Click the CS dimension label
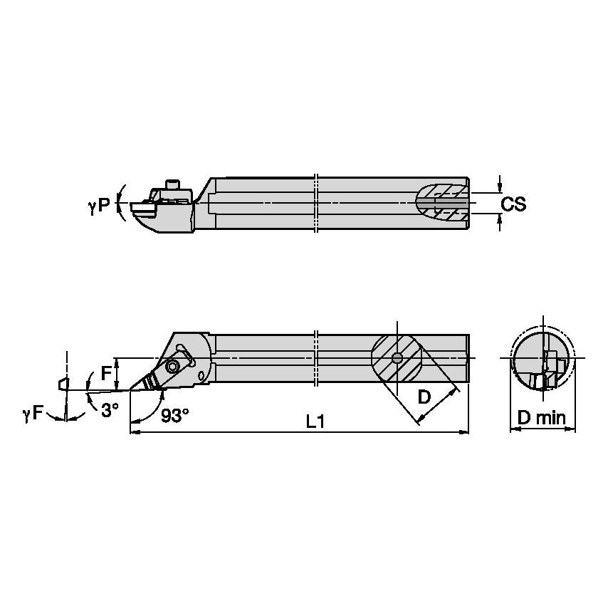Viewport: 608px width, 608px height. coord(513,204)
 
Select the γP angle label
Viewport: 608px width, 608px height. coord(100,204)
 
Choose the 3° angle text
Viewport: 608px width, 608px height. coord(109,411)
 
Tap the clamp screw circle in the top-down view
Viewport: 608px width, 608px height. coord(173,367)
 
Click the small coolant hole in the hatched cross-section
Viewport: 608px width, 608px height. coord(397,358)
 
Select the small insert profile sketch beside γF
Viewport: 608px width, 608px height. coord(65,384)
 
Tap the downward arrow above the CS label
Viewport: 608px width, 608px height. coord(500,187)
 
